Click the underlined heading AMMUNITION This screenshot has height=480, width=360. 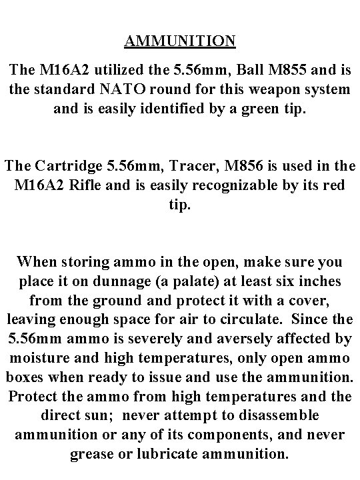(x=179, y=41)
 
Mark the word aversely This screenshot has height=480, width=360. (x=233, y=339)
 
